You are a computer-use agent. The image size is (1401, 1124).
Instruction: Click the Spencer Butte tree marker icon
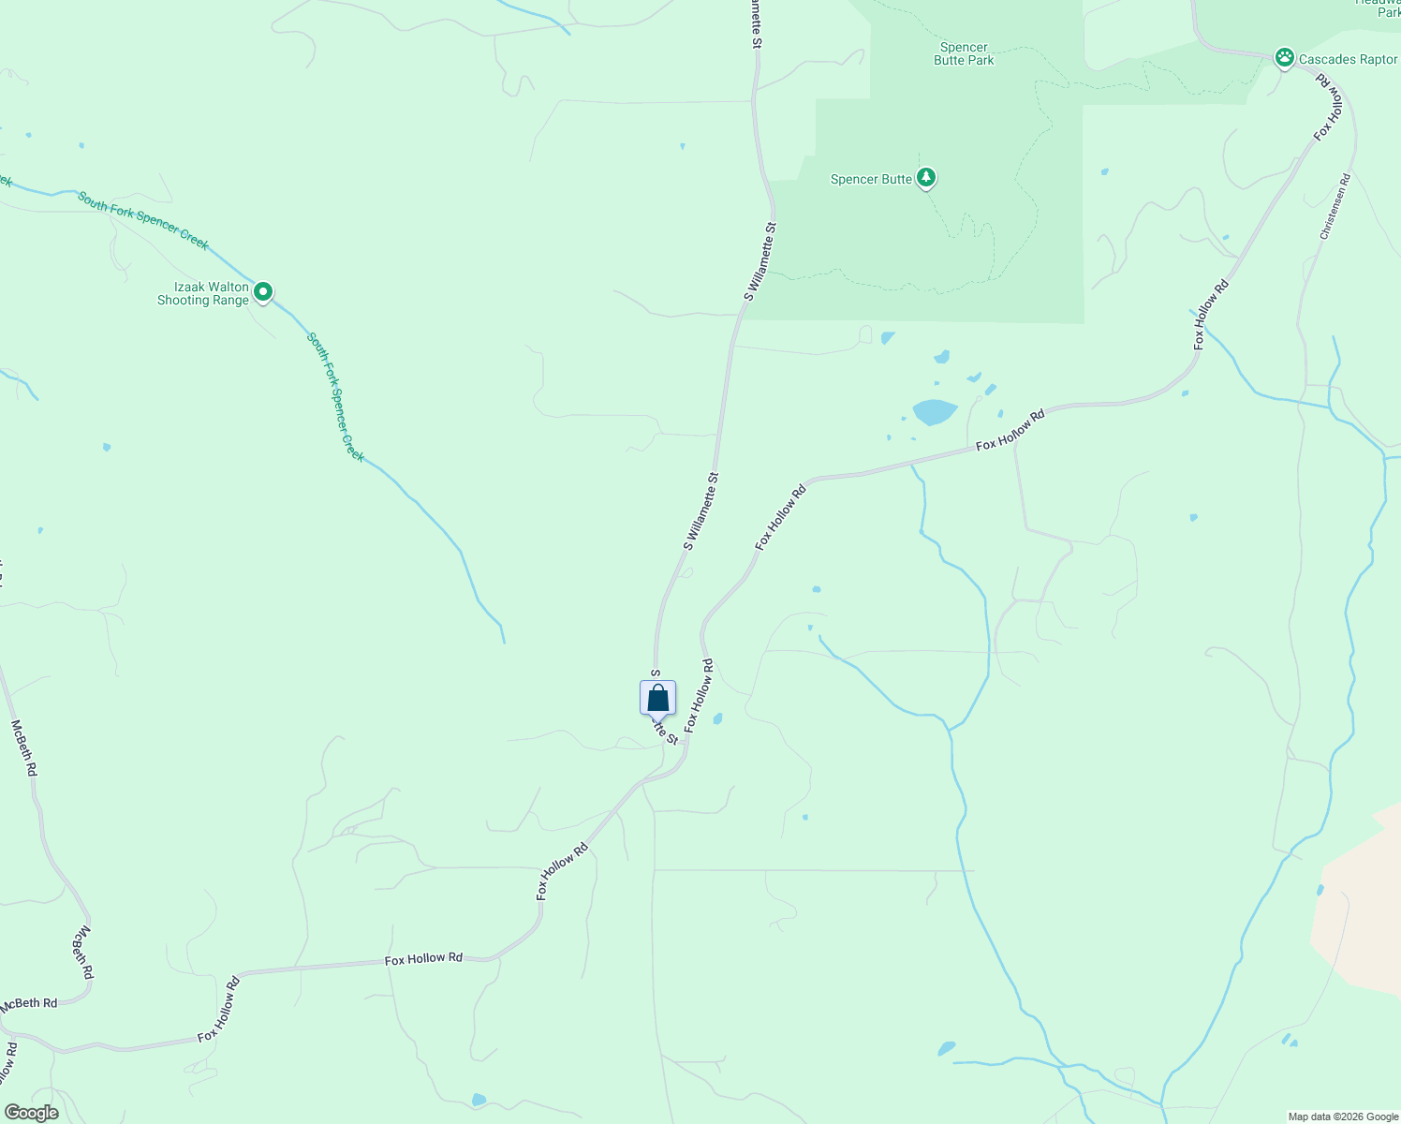click(x=926, y=177)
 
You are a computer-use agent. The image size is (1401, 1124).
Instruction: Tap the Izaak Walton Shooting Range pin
click(x=264, y=292)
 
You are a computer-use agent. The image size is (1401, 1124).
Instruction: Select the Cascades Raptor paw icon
click(x=1285, y=58)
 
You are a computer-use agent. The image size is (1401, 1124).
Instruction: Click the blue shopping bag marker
click(x=657, y=698)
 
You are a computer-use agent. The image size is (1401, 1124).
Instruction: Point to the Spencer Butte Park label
click(x=964, y=53)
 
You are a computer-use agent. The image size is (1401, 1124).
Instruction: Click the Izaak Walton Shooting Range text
click(x=203, y=294)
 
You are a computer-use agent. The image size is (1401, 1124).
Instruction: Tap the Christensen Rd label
click(x=1335, y=206)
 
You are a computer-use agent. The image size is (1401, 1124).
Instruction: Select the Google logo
click(x=31, y=1113)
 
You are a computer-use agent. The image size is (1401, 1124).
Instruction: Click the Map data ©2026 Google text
click(x=1342, y=1117)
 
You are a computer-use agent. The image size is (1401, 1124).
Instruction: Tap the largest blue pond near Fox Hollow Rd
click(x=934, y=411)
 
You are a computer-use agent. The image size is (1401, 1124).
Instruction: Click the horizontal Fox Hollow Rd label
click(x=423, y=958)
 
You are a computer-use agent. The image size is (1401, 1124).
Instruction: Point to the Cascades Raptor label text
click(x=1348, y=59)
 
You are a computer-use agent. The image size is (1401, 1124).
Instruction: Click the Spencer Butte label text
click(x=871, y=179)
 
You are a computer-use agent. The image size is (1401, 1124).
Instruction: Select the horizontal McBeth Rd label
click(x=29, y=1003)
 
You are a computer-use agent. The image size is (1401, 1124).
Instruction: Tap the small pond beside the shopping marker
click(x=717, y=719)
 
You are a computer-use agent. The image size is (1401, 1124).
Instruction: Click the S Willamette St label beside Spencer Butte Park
click(x=760, y=261)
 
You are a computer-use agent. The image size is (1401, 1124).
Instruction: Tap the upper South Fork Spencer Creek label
click(x=142, y=220)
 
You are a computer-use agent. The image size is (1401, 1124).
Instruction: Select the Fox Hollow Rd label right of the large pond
click(x=1010, y=430)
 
